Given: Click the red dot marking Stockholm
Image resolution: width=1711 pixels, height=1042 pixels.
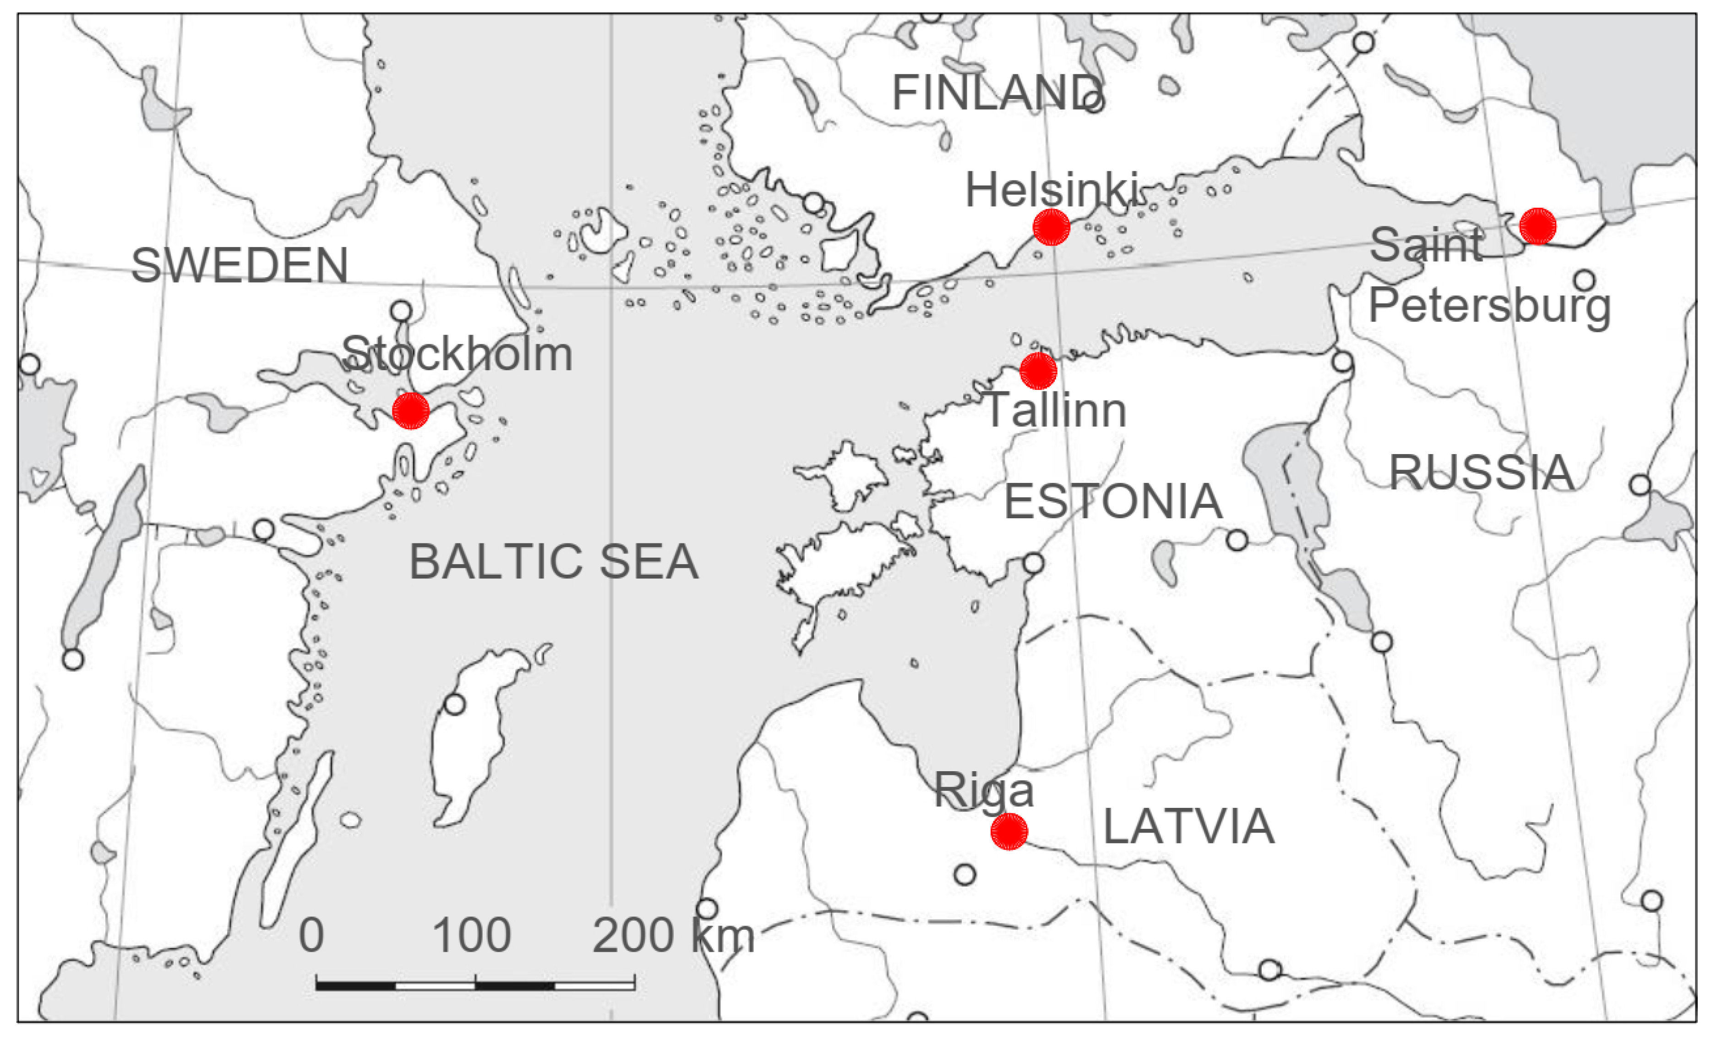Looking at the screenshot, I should pyautogui.click(x=410, y=411).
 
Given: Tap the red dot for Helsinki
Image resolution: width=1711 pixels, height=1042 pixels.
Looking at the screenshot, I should pyautogui.click(x=1052, y=227).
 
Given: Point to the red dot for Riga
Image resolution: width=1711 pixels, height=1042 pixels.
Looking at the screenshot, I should pyautogui.click(x=1009, y=832).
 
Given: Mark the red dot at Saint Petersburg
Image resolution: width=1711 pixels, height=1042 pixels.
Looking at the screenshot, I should pyautogui.click(x=1538, y=226).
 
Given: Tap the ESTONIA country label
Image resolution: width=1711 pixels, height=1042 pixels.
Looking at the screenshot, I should pyautogui.click(x=1113, y=502).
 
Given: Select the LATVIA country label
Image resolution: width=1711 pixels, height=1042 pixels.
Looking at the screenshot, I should pyautogui.click(x=1189, y=827).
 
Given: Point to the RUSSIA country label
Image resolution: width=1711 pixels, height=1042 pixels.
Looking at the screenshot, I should pyautogui.click(x=1481, y=472).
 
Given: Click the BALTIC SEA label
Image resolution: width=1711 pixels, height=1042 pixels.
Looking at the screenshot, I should pyautogui.click(x=553, y=561).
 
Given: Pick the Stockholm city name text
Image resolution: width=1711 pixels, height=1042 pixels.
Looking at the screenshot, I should pyautogui.click(x=457, y=354).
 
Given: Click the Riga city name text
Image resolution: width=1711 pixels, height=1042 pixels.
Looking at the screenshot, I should pyautogui.click(x=984, y=790).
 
